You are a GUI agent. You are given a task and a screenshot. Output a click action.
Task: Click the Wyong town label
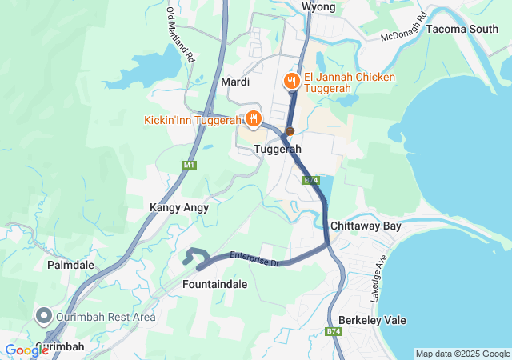click(x=318, y=7)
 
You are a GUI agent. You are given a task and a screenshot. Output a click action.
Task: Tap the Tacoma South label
click(x=462, y=29)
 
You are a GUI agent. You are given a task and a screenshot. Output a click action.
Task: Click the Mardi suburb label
click(x=234, y=82)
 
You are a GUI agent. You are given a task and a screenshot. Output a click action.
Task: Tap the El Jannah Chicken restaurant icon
click(x=290, y=81)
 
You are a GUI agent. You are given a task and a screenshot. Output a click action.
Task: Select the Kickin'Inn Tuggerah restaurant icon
click(x=254, y=119)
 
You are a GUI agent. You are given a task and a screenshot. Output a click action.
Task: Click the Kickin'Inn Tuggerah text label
click(x=193, y=120)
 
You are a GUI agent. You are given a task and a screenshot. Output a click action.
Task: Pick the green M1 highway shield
click(x=189, y=165)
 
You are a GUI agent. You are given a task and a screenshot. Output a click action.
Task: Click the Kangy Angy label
click(x=179, y=207)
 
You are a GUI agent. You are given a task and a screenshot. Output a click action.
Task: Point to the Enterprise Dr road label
click(x=253, y=258)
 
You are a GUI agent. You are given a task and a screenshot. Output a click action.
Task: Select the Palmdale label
click(x=70, y=264)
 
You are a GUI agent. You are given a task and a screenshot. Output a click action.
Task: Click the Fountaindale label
click(x=214, y=284)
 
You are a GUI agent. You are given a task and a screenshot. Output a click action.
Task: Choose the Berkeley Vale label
click(x=372, y=320)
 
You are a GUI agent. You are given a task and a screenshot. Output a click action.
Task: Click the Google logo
click(x=26, y=350)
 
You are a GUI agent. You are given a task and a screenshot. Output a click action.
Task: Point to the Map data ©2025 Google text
click(x=462, y=354)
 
